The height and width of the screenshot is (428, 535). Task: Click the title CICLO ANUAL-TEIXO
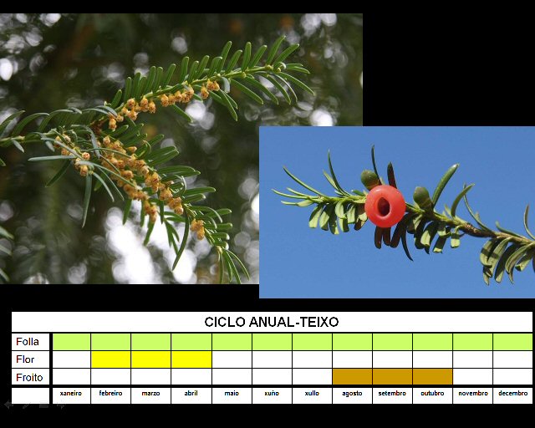[x=271, y=322]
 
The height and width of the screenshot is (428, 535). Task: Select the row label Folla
[x=28, y=342]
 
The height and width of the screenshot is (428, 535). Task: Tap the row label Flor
[x=25, y=359]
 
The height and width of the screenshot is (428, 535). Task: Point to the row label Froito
[x=29, y=378]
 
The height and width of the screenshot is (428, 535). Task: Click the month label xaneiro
[x=71, y=393]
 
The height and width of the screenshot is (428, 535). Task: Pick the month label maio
[x=232, y=393]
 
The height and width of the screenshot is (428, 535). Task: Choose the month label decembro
[x=512, y=393]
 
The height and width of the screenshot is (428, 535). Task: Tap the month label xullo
[x=312, y=393]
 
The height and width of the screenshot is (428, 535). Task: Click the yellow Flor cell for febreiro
[x=111, y=359]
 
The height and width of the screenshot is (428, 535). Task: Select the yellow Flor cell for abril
[x=191, y=359]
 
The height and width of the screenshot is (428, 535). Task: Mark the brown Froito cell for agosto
[x=352, y=377]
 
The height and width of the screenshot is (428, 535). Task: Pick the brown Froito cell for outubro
[x=432, y=377]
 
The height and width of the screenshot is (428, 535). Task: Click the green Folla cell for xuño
[x=272, y=342]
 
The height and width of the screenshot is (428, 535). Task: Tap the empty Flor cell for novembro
[x=472, y=359]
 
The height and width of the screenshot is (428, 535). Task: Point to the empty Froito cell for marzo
[x=150, y=377]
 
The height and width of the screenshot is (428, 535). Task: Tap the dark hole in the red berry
[x=384, y=206]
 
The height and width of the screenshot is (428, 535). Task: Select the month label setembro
[x=392, y=393]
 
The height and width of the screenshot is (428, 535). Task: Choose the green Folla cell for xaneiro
[x=71, y=342]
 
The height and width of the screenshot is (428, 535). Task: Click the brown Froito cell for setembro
[x=392, y=377]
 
